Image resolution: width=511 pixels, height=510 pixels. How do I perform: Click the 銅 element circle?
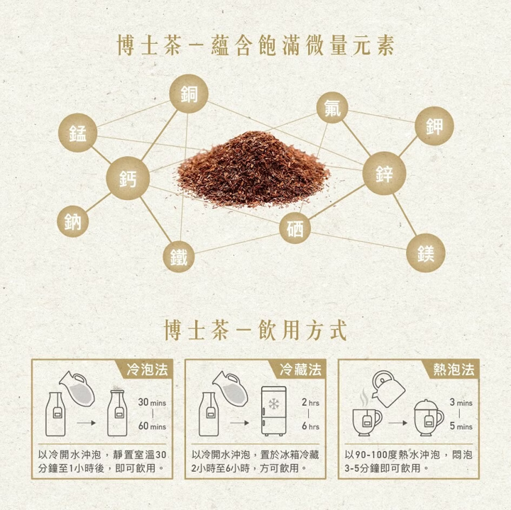(189, 94)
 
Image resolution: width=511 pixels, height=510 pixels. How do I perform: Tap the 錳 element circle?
(77, 133)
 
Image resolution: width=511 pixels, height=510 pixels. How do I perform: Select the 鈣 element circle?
(128, 178)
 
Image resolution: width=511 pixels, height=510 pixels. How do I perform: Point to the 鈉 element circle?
(72, 221)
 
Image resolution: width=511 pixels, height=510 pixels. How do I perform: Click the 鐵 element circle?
(179, 257)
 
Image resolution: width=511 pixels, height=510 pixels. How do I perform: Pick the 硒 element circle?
(295, 228)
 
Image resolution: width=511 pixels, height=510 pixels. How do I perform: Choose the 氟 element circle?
(332, 108)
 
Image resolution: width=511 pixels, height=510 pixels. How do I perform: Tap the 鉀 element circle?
(434, 126)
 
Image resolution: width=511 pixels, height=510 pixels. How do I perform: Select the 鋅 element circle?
(384, 173)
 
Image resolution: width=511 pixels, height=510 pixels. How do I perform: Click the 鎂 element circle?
(426, 253)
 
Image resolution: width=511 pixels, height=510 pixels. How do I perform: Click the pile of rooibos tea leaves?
(253, 170)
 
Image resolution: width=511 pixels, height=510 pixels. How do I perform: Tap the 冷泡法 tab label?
(148, 370)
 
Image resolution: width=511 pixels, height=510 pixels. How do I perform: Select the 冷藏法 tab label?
(300, 370)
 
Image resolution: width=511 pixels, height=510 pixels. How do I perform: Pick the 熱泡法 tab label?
(454, 370)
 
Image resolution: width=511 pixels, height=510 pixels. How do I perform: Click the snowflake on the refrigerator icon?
(274, 404)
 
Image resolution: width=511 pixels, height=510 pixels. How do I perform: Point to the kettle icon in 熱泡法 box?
(388, 389)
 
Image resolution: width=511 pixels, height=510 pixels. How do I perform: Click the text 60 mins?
(152, 426)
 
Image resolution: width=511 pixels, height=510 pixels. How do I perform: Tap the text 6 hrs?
(310, 426)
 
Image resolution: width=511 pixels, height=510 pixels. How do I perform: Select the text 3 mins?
(461, 402)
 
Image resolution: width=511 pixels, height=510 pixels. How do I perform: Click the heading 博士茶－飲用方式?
(255, 330)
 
